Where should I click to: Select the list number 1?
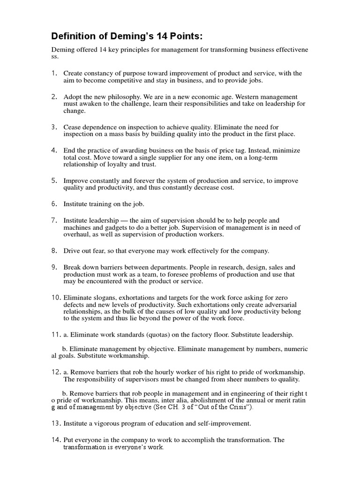pyautogui.click(x=54, y=73)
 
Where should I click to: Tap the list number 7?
pyautogui.click(x=54, y=220)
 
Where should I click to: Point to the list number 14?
pyautogui.click(x=56, y=440)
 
